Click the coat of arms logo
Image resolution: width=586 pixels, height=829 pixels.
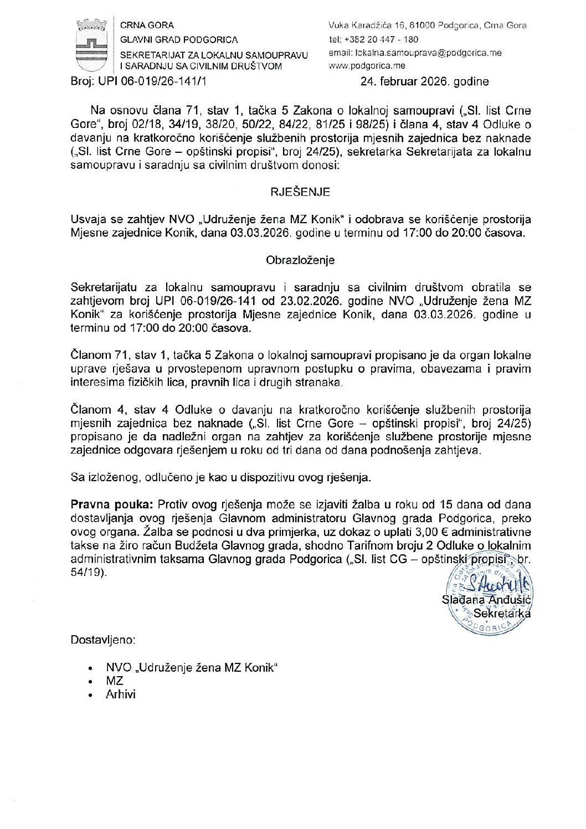(x=91, y=45)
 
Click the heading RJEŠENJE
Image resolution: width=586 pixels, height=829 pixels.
(x=300, y=192)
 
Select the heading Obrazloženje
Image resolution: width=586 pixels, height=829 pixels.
(x=300, y=260)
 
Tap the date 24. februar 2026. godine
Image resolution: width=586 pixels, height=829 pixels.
(x=424, y=82)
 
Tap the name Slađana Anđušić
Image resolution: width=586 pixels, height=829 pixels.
(x=486, y=600)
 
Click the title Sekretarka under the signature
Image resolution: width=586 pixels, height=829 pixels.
(x=502, y=614)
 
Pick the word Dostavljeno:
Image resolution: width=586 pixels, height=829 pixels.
(x=103, y=640)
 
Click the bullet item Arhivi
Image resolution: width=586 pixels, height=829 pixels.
(x=121, y=694)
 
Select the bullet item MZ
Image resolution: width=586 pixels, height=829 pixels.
(x=115, y=681)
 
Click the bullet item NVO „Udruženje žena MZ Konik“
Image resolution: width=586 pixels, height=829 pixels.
(x=191, y=668)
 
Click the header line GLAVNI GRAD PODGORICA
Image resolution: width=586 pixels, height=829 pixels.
(x=179, y=40)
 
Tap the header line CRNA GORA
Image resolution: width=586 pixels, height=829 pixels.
(x=147, y=25)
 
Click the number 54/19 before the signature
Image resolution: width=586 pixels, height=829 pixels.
(x=87, y=573)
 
